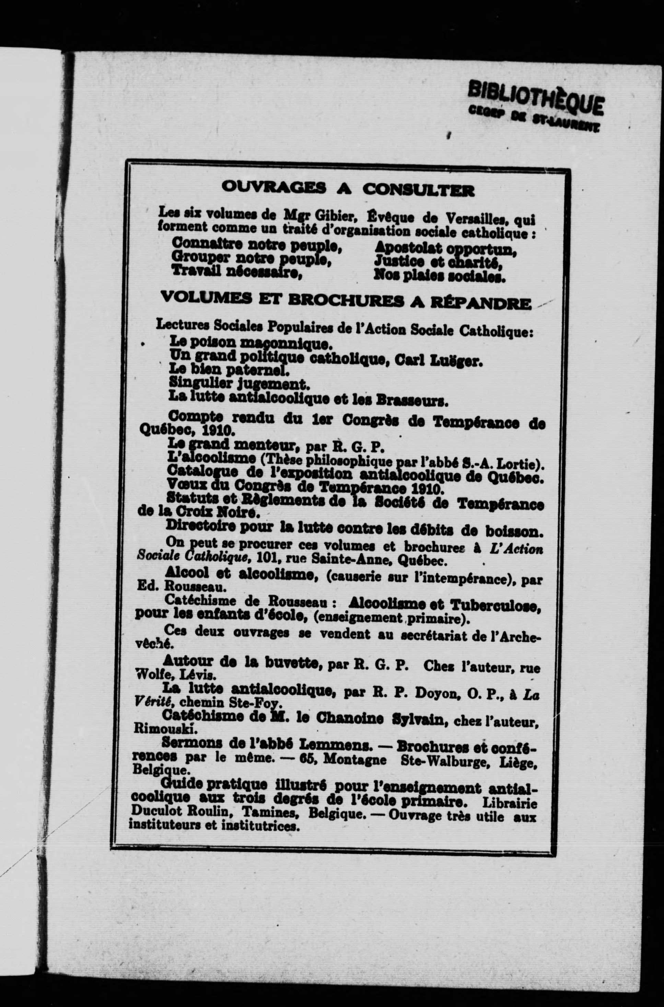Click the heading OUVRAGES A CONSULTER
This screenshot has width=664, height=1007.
[347, 188]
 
